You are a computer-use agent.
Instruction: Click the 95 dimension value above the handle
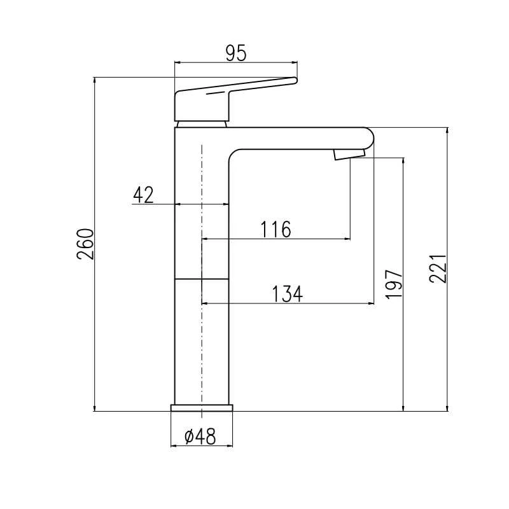236,53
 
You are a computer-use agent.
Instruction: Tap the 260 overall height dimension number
85,244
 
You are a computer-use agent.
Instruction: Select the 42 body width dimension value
143,195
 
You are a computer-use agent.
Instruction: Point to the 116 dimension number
276,229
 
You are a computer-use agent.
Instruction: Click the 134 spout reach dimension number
288,294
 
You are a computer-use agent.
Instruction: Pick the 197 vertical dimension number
394,283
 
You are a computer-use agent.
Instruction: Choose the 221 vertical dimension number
438,268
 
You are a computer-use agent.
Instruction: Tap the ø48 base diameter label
200,436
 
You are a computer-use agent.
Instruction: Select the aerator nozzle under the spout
349,155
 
